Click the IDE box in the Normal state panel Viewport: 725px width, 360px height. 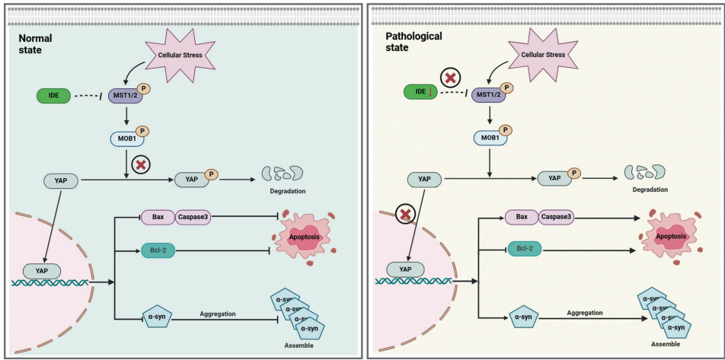53,97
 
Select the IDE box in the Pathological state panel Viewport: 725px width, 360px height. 420,92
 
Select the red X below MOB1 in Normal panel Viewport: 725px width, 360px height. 140,164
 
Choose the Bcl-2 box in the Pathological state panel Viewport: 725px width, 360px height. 525,249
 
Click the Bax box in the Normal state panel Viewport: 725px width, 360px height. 158,217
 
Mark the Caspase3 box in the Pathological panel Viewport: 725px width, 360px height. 557,217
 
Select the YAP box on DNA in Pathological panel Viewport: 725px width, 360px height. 404,269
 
